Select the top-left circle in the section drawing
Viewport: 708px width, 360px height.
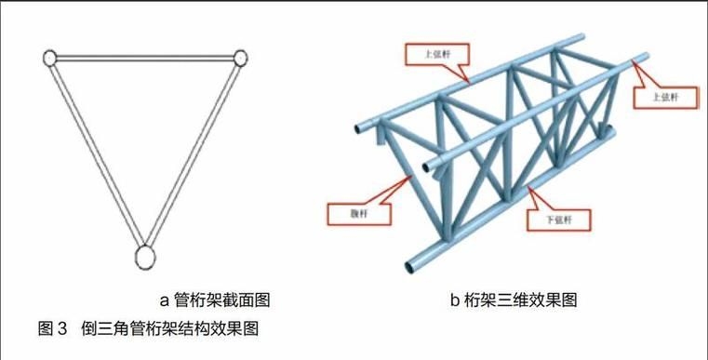50,59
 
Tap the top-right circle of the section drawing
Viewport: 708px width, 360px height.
240,58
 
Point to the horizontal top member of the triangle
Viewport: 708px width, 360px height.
145,58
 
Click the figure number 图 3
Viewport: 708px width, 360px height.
53,327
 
